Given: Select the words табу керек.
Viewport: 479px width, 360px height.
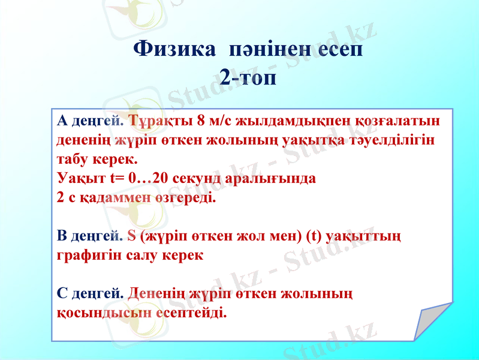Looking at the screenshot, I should [97, 160].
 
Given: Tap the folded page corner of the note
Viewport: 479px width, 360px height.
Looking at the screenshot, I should [430, 318].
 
